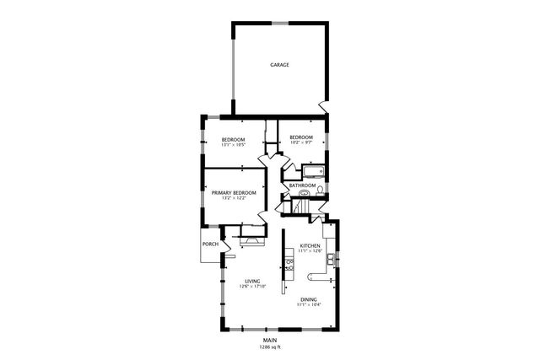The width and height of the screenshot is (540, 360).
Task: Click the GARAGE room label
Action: (x=280, y=64)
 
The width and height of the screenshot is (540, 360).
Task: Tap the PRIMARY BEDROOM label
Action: (x=234, y=192)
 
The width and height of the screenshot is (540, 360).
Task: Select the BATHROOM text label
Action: (x=302, y=185)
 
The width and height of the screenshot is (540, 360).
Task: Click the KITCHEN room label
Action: (x=310, y=245)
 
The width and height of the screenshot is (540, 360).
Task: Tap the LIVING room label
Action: (x=252, y=281)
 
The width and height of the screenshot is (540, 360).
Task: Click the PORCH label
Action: (x=210, y=244)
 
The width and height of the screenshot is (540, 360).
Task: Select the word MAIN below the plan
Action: (x=269, y=339)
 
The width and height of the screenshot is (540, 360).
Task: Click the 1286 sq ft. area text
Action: (x=269, y=346)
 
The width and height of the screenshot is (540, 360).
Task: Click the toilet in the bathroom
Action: (x=305, y=193)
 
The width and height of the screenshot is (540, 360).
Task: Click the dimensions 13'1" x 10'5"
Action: (x=233, y=145)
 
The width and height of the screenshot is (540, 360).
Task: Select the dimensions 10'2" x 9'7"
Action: (x=301, y=143)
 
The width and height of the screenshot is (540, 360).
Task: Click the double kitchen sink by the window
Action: (x=332, y=255)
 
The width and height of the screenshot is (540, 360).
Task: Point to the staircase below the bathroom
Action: (x=300, y=207)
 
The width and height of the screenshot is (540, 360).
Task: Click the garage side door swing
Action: (x=321, y=107)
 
